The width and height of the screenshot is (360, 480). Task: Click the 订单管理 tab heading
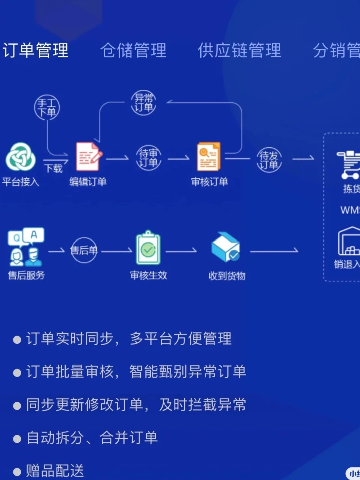pyautogui.click(x=35, y=51)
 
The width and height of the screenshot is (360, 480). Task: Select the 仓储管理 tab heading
pyautogui.click(x=133, y=51)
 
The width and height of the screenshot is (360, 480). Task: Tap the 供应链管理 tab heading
pyautogui.click(x=239, y=51)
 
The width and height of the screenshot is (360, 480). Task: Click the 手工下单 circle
pyautogui.click(x=47, y=108)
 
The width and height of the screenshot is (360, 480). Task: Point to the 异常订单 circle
pyautogui.click(x=144, y=103)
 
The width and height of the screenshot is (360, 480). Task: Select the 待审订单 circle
pyautogui.click(x=149, y=158)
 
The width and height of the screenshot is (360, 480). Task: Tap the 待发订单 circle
pyautogui.click(x=269, y=160)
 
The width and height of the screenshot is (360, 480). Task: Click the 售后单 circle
pyautogui.click(x=84, y=250)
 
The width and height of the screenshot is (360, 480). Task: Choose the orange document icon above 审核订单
pyautogui.click(x=209, y=157)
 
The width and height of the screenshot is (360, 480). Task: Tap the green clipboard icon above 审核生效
pyautogui.click(x=148, y=249)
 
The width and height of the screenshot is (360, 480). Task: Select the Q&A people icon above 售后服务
pyautogui.click(x=26, y=247)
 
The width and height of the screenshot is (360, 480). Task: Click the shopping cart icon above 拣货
pyautogui.click(x=349, y=165)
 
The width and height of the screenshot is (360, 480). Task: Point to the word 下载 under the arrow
pyautogui.click(x=53, y=168)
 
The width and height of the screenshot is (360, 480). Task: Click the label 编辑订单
pyautogui.click(x=88, y=182)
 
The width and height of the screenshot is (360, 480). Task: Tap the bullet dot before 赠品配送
pyautogui.click(x=17, y=472)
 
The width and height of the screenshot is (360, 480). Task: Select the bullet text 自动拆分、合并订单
pyautogui.click(x=92, y=438)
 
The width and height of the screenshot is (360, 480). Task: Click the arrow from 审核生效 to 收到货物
pyautogui.click(x=181, y=251)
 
